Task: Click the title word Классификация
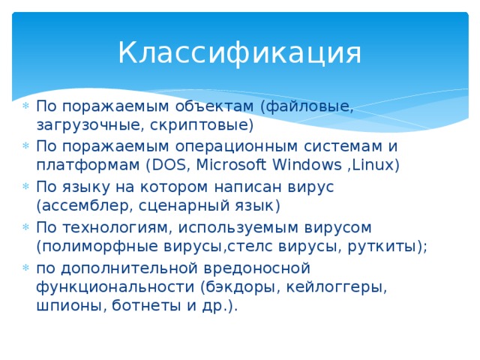(239, 52)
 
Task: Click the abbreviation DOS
(170, 165)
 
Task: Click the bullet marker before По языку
(25, 187)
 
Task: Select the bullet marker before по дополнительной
(25, 268)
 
